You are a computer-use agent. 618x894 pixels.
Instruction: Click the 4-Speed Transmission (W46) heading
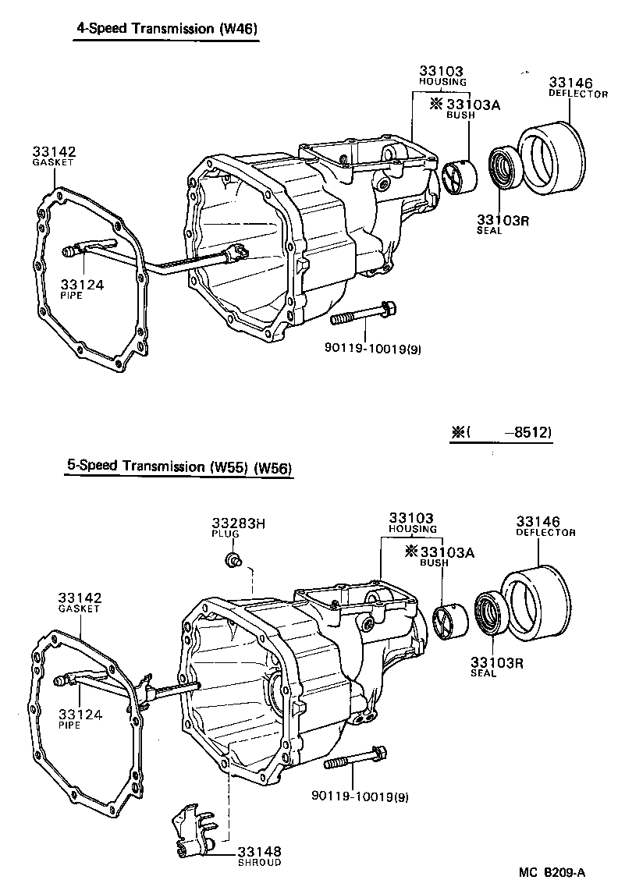[x=166, y=29]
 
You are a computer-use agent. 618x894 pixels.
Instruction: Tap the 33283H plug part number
[x=238, y=523]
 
